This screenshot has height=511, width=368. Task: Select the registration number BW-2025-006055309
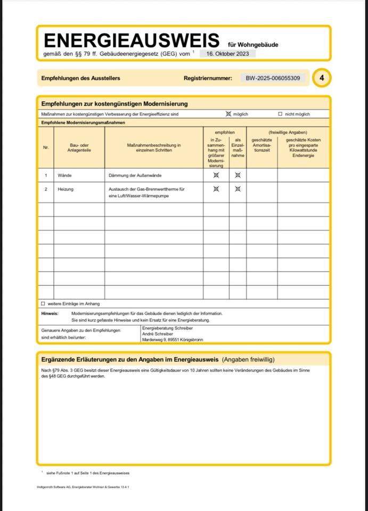[273, 78]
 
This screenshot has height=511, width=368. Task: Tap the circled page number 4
[321, 78]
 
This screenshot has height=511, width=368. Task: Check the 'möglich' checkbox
[228, 114]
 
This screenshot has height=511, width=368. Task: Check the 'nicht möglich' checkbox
[280, 114]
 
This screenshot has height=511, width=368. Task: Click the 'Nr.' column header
[46, 147]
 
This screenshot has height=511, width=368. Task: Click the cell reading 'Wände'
[65, 175]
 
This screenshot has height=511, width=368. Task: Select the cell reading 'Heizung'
[66, 189]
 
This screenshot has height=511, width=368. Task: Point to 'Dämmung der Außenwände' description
[135, 175]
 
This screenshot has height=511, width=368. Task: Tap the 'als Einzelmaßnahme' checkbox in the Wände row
[238, 175]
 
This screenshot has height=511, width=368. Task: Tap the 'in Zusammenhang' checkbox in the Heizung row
[216, 188]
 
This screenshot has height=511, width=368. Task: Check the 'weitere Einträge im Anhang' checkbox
[43, 303]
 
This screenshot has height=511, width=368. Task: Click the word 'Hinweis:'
[50, 314]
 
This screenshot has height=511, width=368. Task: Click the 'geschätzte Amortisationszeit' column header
[261, 145]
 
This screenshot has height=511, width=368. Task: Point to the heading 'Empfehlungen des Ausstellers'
[80, 78]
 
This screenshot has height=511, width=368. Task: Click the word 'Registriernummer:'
[208, 78]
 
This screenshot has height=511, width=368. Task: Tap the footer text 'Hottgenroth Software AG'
[54, 487]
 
